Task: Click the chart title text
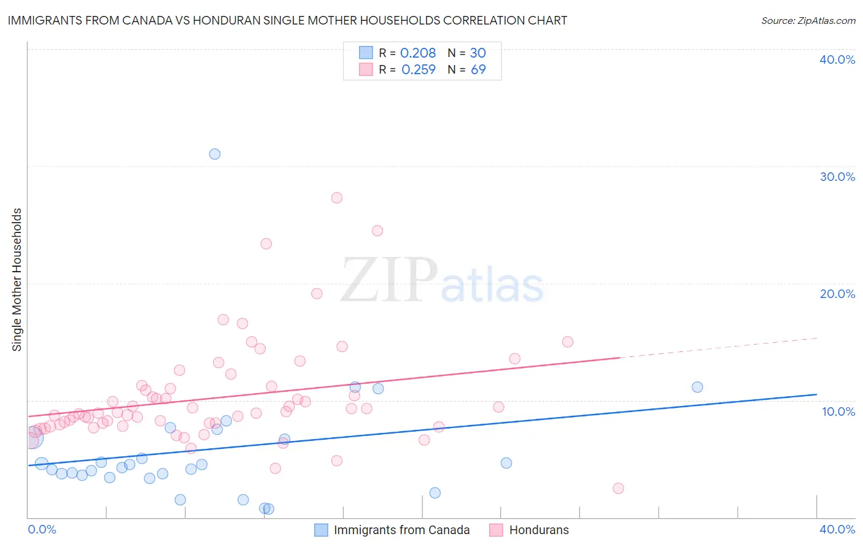point(287,20)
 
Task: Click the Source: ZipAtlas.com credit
point(808,20)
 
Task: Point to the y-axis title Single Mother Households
point(17,280)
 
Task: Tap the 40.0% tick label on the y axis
point(837,59)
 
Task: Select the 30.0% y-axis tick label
point(837,177)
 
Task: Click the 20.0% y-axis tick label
point(837,294)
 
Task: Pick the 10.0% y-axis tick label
point(838,411)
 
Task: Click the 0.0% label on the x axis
point(42,529)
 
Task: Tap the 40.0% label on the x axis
point(837,529)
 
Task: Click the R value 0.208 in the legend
point(418,53)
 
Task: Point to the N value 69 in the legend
point(478,70)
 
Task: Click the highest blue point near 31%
point(215,154)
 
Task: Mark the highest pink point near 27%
point(336,197)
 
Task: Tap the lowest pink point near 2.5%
point(618,488)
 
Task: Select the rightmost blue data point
point(697,387)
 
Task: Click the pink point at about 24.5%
point(377,231)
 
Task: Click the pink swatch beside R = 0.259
point(366,70)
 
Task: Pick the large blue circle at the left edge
point(33,438)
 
